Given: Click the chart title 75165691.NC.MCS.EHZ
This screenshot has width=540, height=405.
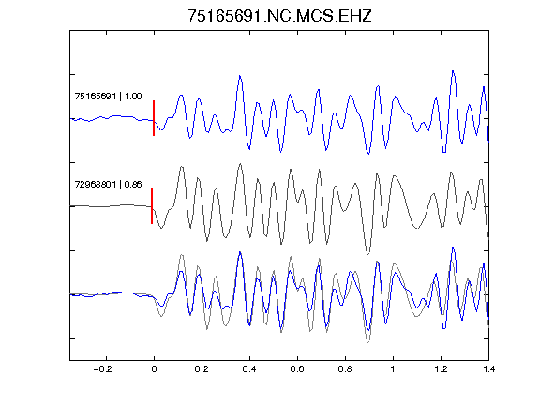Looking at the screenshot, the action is (279, 16).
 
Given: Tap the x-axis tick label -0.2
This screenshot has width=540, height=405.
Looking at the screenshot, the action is (102, 369).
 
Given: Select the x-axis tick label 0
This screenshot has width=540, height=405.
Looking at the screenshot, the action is (154, 369).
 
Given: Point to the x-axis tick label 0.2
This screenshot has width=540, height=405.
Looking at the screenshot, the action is (202, 369).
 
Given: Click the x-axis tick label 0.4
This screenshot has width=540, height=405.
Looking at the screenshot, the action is (249, 369).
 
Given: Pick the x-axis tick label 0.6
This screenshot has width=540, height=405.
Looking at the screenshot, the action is (297, 369).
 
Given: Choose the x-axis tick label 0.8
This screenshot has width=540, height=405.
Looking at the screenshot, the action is (345, 369).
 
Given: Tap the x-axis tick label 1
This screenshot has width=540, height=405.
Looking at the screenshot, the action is (393, 369).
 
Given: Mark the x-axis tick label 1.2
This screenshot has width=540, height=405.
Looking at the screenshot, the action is (441, 369).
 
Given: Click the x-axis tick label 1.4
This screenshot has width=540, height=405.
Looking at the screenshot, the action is (488, 369).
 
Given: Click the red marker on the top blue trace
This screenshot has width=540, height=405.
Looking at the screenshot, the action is (154, 118).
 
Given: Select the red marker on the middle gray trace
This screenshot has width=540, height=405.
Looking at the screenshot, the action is (152, 206).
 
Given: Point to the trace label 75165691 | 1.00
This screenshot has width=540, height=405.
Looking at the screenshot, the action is (108, 96).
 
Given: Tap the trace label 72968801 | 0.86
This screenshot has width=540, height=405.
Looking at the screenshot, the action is (108, 185).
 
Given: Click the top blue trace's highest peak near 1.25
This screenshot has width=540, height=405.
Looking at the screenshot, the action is (453, 71).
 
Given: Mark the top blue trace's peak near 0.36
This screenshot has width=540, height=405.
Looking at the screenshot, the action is (240, 76).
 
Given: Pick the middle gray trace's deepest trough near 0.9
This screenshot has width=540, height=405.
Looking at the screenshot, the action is (367, 254).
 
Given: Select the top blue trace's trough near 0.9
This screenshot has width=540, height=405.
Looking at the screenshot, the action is (368, 154).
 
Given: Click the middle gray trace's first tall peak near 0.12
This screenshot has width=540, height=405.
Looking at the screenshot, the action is (182, 167).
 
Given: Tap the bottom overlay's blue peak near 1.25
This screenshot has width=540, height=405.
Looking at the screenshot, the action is (453, 247).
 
